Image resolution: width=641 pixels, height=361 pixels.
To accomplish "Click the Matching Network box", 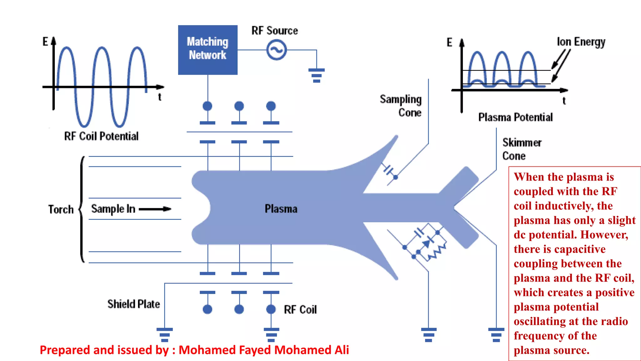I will point(208,49).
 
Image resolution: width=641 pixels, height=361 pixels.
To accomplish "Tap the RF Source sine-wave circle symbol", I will point(276,50).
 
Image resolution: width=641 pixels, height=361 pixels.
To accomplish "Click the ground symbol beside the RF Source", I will point(316,75).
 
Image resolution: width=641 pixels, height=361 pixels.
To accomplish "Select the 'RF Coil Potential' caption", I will point(101,136).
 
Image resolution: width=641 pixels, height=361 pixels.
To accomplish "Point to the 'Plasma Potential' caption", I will point(515,117).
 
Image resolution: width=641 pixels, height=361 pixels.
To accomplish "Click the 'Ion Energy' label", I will point(581,42).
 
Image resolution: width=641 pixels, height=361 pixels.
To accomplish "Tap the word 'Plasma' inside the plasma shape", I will point(281,209).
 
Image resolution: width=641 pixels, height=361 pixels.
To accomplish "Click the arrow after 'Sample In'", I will point(155,209).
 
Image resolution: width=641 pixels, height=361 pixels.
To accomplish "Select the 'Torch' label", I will point(61,209).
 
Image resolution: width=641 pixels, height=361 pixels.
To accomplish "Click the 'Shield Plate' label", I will point(134,304).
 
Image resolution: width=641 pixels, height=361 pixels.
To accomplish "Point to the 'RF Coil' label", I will point(300,310).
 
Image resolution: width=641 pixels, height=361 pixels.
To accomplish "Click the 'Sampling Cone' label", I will point(401,106).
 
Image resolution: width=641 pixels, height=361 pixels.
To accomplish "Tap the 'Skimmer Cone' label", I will point(522,149).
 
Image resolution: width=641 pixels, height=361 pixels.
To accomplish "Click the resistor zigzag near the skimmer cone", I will point(437,252).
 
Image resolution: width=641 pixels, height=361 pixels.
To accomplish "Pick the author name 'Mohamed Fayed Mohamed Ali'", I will point(264,350).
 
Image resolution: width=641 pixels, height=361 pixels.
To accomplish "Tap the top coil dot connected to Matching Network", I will point(208,106).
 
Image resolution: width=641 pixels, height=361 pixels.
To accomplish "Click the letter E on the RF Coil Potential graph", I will point(45,41).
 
